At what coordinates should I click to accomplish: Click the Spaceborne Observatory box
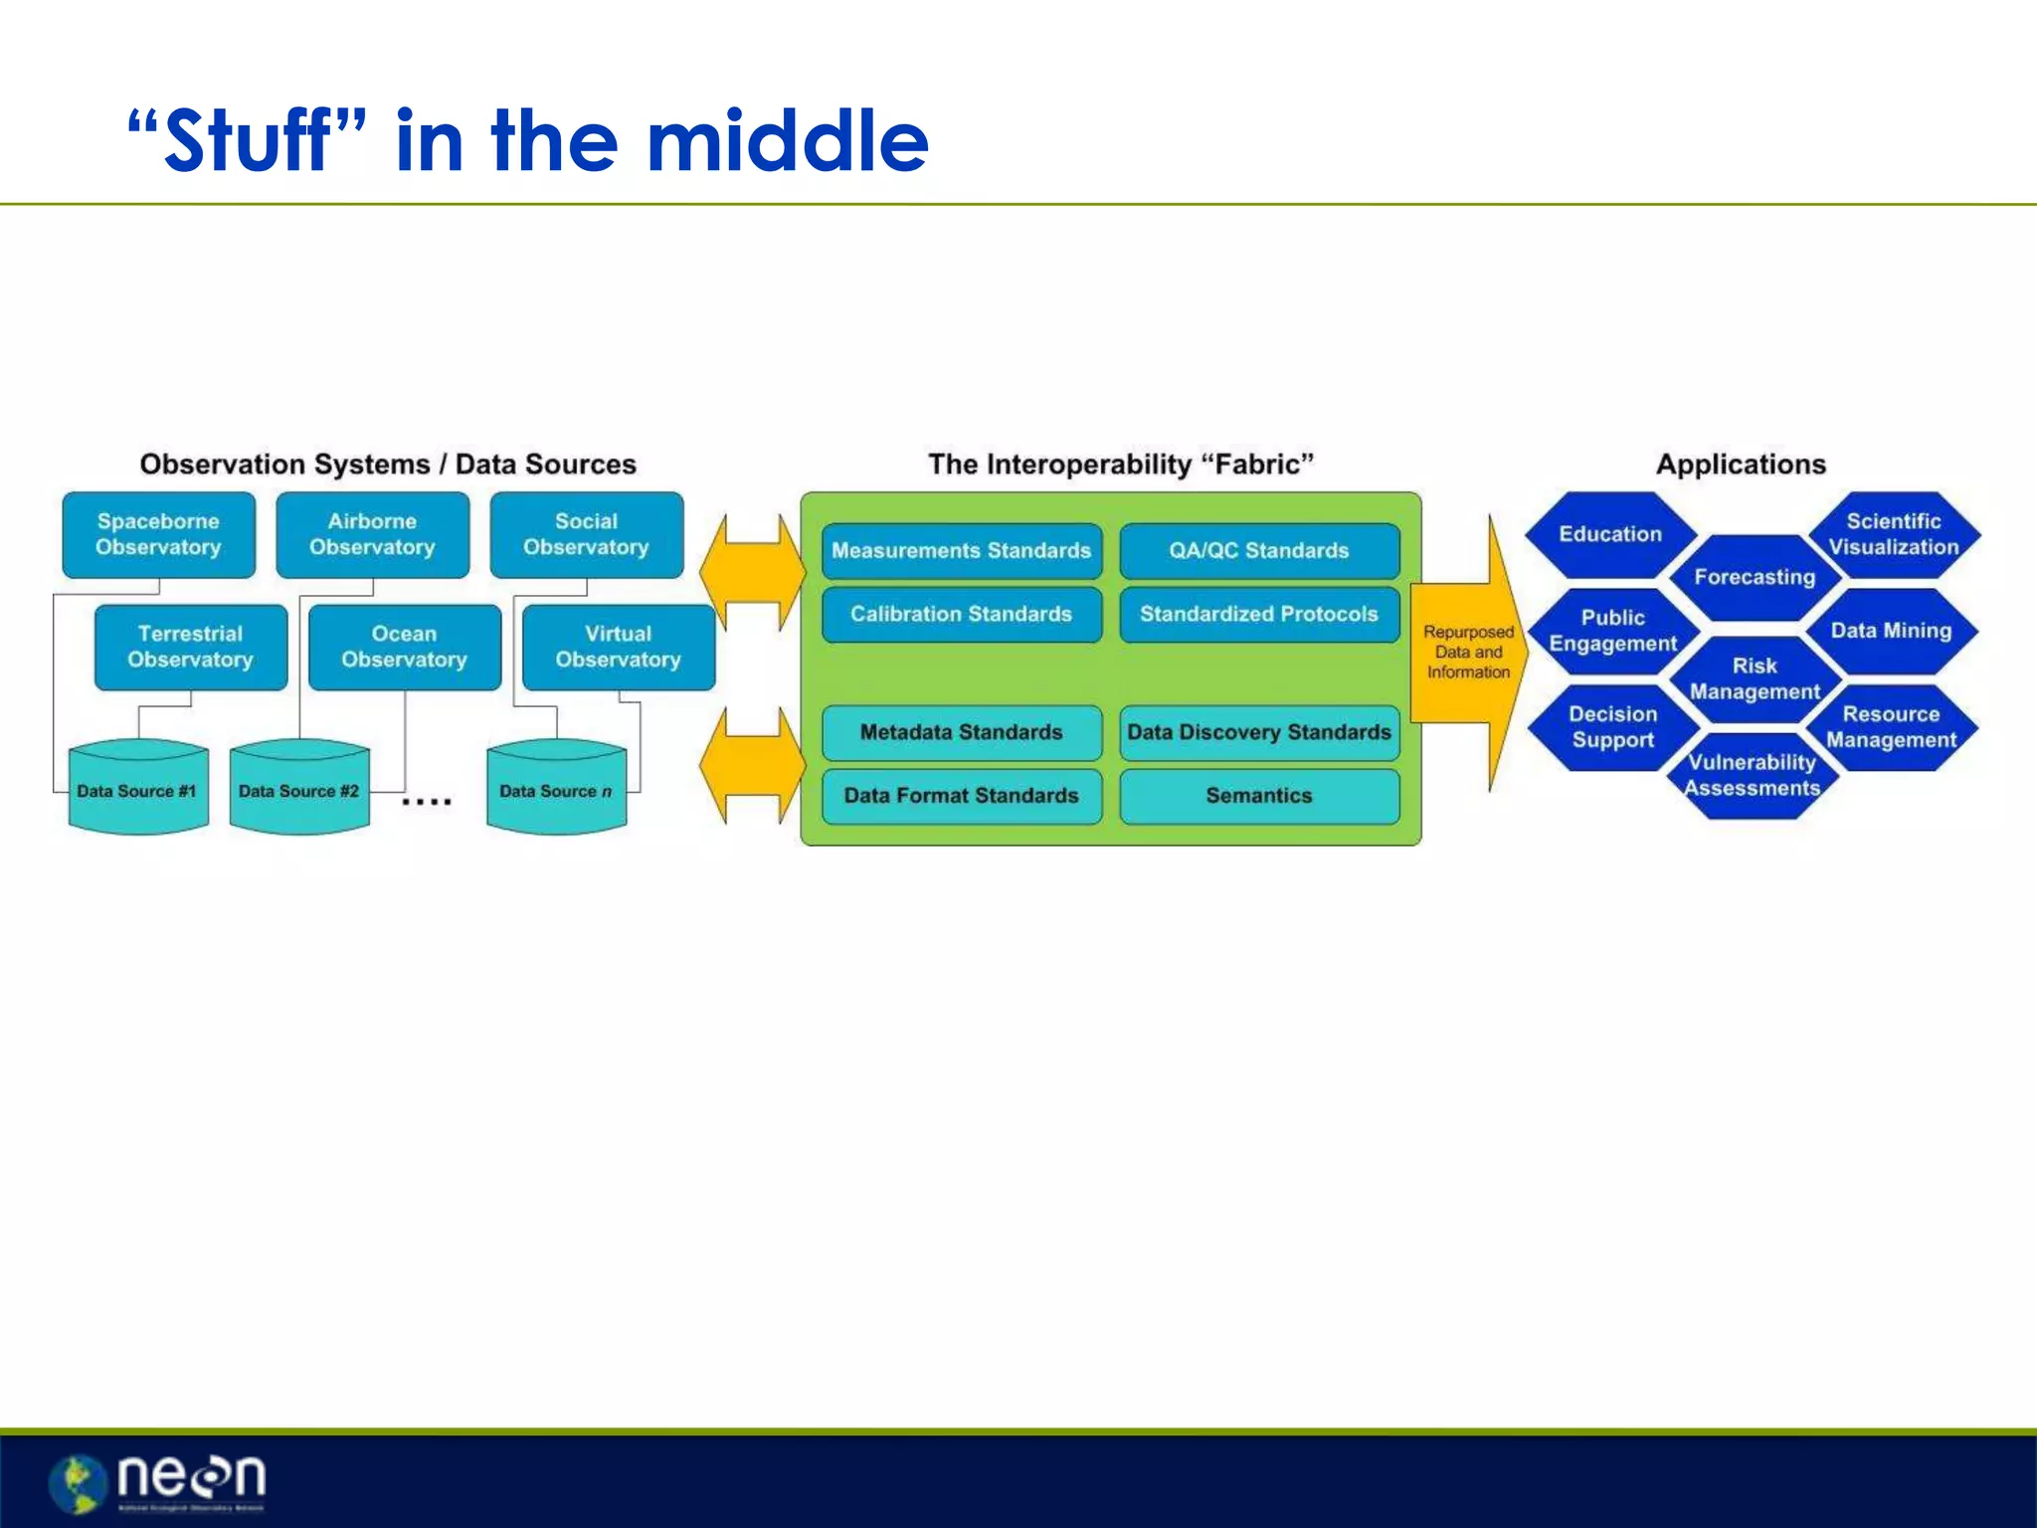(x=158, y=535)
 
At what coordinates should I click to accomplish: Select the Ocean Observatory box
(x=404, y=648)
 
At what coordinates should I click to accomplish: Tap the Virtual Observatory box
(x=618, y=648)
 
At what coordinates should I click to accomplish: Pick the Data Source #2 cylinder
(x=298, y=788)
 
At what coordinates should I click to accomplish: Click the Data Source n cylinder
(x=556, y=788)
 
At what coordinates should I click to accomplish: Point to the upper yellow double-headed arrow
(x=752, y=572)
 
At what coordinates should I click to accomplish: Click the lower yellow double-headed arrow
(x=752, y=765)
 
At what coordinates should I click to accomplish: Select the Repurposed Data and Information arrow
(x=1468, y=653)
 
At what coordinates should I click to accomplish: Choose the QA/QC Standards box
(x=1259, y=551)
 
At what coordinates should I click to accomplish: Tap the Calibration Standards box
(x=961, y=615)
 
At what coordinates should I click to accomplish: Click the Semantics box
(x=1259, y=796)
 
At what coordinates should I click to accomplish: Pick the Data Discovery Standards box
(x=1259, y=733)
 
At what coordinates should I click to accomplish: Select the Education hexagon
(x=1609, y=535)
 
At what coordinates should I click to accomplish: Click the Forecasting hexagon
(x=1755, y=578)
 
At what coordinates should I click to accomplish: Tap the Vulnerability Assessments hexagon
(x=1753, y=776)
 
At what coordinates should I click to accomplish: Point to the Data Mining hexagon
(x=1891, y=631)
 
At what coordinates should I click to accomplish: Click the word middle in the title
(x=788, y=141)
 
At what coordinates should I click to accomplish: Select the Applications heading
(x=1741, y=465)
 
